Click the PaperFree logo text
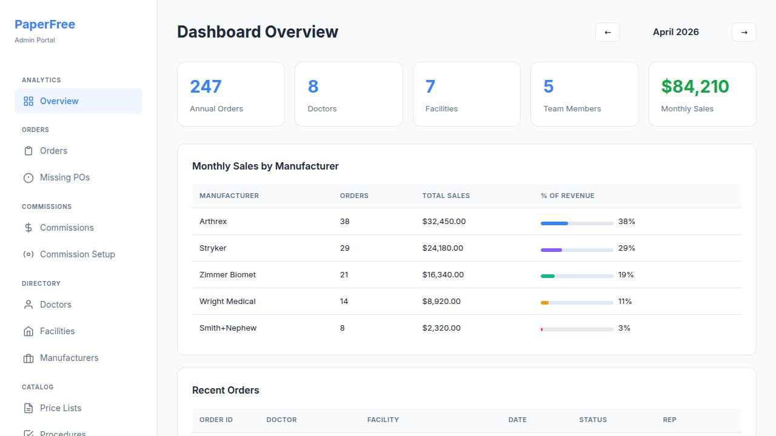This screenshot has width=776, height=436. (x=45, y=25)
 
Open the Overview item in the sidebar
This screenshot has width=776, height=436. (x=59, y=101)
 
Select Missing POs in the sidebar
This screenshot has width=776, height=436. (x=64, y=177)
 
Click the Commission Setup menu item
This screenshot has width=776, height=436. (x=77, y=254)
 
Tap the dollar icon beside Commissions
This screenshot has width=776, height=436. (x=28, y=228)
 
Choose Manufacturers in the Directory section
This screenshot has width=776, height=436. (x=69, y=358)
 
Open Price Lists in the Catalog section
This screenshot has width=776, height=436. (x=60, y=408)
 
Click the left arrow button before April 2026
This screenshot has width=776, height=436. (x=607, y=32)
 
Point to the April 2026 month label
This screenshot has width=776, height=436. (x=675, y=32)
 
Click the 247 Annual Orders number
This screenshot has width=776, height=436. (x=206, y=87)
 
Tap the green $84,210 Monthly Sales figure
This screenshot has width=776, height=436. (x=695, y=87)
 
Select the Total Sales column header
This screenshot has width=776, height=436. (x=446, y=196)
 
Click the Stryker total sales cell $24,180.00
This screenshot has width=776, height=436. (x=443, y=248)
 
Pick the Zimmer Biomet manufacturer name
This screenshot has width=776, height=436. (x=227, y=275)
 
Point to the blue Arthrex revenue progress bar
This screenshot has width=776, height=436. (x=554, y=223)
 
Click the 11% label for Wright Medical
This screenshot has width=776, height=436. (x=625, y=302)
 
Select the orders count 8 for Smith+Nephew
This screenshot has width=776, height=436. (x=343, y=328)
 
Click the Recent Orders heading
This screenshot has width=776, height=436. (x=226, y=391)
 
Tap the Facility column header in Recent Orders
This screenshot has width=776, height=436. (x=383, y=420)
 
